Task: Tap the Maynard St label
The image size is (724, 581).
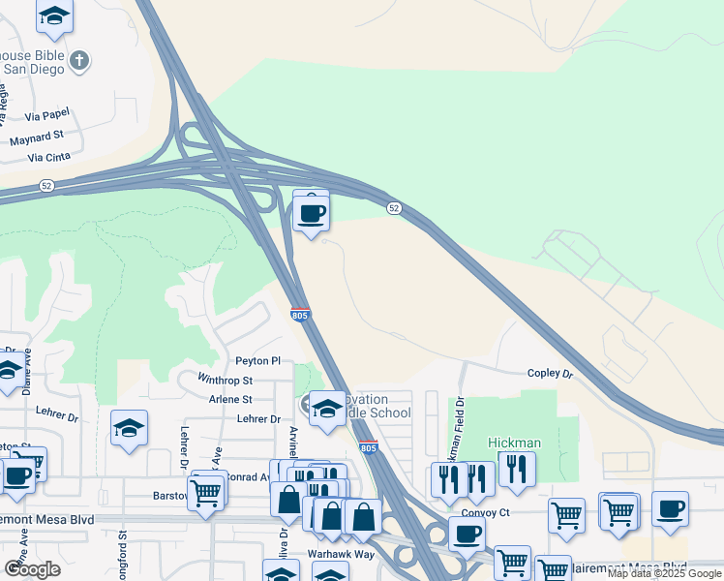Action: click(x=37, y=138)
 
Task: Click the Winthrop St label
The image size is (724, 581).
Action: click(x=225, y=381)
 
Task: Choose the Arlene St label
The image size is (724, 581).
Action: click(x=230, y=399)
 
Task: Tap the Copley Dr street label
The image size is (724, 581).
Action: click(x=550, y=373)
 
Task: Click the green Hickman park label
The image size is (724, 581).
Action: click(x=514, y=443)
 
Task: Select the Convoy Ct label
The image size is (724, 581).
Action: click(x=485, y=513)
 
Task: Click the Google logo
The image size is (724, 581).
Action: click(x=32, y=568)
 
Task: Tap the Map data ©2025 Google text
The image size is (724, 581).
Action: click(x=664, y=574)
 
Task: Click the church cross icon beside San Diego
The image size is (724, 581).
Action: click(x=79, y=61)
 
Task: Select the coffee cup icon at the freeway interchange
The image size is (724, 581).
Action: click(x=311, y=213)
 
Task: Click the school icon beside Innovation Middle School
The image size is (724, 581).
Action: click(x=327, y=410)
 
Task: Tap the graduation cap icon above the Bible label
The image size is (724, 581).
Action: click(x=54, y=16)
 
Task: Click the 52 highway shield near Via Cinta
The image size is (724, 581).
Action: click(x=46, y=184)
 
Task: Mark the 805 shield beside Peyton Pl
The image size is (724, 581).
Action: click(x=300, y=315)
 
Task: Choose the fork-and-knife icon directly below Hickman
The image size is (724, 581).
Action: click(x=517, y=472)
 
